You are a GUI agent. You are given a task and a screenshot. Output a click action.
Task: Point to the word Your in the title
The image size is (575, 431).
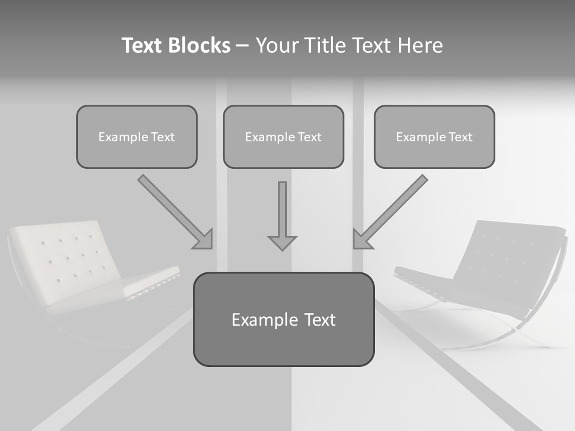pyautogui.click(x=277, y=45)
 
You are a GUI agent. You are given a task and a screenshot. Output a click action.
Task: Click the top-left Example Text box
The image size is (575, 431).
pyautogui.click(x=137, y=136)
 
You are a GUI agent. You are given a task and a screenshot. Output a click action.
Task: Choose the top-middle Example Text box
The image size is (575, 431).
pyautogui.click(x=283, y=136)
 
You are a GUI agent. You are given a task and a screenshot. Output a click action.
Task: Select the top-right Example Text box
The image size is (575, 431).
pyautogui.click(x=434, y=136)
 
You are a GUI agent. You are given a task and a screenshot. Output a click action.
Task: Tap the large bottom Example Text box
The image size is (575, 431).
pyautogui.click(x=283, y=319)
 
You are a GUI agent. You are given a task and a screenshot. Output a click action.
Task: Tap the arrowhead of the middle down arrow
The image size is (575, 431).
pyautogui.click(x=282, y=242)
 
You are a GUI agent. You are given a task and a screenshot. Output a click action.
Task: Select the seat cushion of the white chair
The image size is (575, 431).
pyautogui.click(x=150, y=281)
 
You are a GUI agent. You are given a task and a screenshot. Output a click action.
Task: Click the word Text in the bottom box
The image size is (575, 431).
pyautogui.click(x=319, y=320)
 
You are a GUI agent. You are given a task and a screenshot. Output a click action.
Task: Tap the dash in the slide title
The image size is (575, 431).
pyautogui.click(x=243, y=46)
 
